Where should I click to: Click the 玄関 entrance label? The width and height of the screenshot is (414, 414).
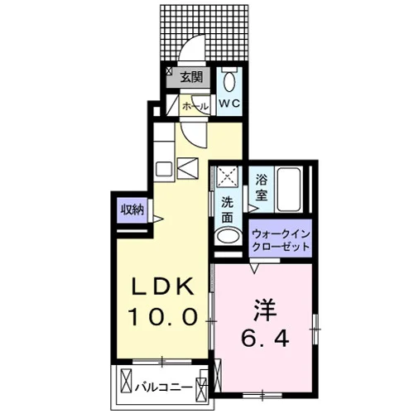pos(191,77)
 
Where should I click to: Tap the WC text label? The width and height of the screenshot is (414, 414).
pos(229,103)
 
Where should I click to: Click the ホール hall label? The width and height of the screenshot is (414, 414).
pos(195,106)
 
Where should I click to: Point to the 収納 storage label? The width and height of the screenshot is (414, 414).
pos(132,210)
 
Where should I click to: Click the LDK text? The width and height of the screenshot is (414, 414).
pos(162,286)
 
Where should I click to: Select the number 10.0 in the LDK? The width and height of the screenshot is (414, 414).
pos(163,316)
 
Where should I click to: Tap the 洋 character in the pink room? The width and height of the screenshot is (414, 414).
pos(265,310)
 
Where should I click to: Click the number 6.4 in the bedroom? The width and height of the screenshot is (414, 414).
pos(265,338)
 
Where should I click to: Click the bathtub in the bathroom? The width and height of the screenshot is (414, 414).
pos(289,190)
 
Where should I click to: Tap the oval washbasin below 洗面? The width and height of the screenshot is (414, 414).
pos(228,237)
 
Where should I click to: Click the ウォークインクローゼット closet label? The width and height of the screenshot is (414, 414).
pos(281,240)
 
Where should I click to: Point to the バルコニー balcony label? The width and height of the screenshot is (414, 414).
pos(163,388)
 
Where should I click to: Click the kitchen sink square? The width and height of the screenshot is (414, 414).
pos(164,169)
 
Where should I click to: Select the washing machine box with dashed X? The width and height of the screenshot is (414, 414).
pos(227,176)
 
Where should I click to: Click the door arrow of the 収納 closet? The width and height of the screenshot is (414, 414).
pos(158,219)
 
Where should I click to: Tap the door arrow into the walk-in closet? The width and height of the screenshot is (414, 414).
pos(254,267)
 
